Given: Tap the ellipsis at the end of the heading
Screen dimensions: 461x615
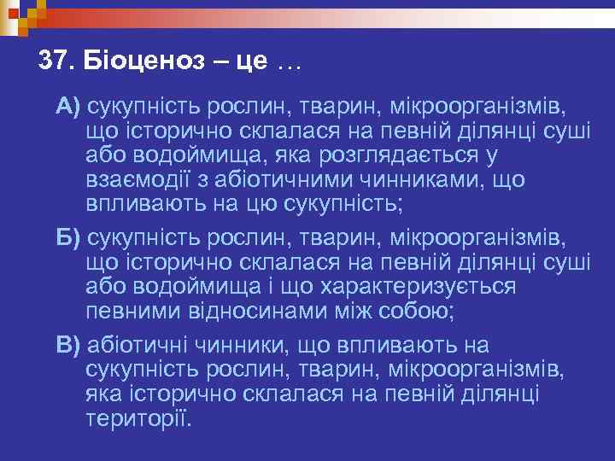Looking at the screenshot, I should [289, 63].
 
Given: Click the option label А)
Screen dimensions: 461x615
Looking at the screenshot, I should [68, 107].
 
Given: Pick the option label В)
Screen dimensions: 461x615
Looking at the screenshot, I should [68, 345].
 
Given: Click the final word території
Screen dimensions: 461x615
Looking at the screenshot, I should [140, 419].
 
